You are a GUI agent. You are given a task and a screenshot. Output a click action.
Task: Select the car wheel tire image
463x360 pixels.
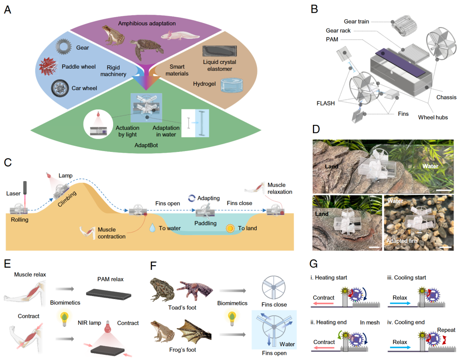(60, 89)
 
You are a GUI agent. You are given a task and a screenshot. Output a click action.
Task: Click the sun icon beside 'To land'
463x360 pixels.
(231, 228)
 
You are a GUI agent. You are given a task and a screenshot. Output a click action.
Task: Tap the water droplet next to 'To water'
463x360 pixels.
(153, 228)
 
